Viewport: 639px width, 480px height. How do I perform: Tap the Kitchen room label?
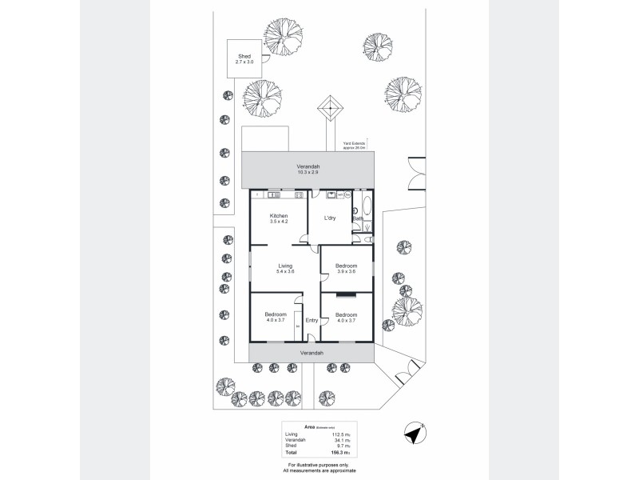click(x=278, y=217)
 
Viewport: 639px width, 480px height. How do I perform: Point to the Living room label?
click(x=285, y=266)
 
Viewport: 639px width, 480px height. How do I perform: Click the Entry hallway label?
click(x=312, y=321)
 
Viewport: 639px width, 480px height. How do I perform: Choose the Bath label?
click(x=358, y=218)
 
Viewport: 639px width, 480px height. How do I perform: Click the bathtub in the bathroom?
click(x=367, y=206)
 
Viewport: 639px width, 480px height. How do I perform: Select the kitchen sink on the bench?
click(x=274, y=194)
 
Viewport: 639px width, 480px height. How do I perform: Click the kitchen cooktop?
click(x=299, y=194)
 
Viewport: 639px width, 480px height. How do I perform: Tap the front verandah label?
click(x=312, y=353)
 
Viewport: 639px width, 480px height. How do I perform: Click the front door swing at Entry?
click(x=310, y=339)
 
